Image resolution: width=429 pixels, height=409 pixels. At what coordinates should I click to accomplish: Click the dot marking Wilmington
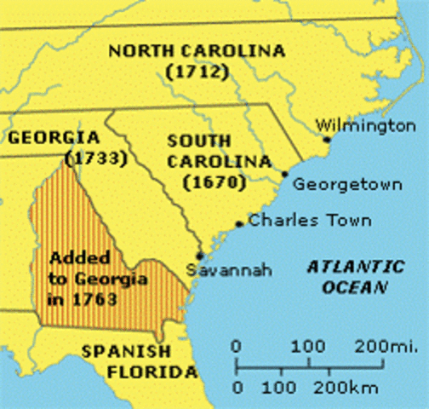click(x=327, y=139)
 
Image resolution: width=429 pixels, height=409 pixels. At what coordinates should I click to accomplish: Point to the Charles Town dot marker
click(x=239, y=225)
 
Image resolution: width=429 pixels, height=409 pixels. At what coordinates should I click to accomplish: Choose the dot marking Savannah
click(x=198, y=255)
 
